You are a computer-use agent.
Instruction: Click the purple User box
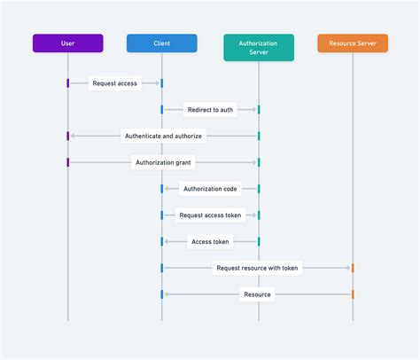[67, 43]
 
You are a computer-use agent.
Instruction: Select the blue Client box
[161, 43]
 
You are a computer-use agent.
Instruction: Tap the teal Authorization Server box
[259, 47]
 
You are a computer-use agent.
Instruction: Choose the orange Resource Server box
[353, 43]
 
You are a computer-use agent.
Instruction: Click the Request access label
[114, 83]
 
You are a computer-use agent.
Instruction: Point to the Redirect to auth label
[210, 110]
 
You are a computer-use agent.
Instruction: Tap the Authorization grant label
[163, 162]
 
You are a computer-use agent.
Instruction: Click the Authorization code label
[210, 188]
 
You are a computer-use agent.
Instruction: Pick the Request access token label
[210, 215]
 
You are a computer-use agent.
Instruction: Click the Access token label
[210, 241]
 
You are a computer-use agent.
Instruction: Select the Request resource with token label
[257, 267]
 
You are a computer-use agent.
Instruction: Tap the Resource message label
[257, 293]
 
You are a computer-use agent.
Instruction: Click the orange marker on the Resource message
[353, 293]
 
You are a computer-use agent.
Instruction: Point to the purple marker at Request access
[67, 83]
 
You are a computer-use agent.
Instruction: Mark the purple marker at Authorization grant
[67, 162]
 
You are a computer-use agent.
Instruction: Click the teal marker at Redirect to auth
[259, 110]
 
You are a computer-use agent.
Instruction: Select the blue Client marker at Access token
[162, 241]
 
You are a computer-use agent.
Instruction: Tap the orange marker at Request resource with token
[353, 267]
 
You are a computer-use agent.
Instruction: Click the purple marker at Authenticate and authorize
[67, 136]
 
